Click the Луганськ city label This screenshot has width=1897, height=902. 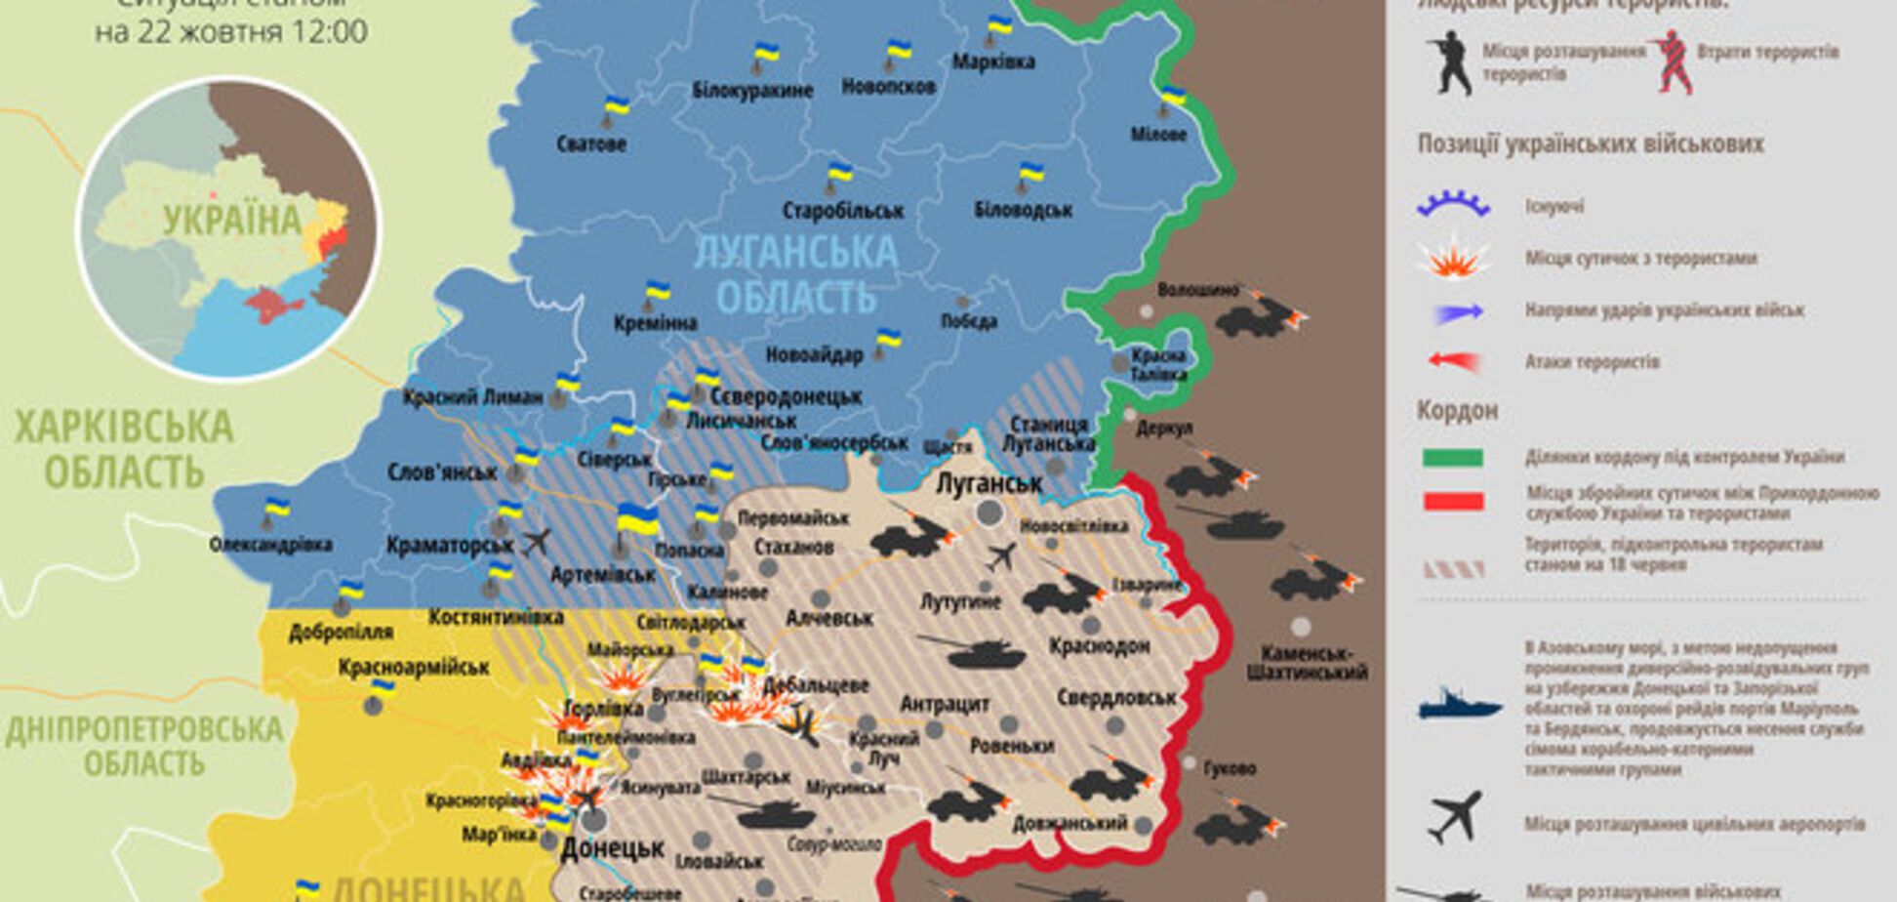point(989,483)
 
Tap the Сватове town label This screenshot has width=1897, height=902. point(591,143)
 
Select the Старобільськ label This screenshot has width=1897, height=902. point(843,210)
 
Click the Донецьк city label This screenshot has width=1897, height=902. point(612,847)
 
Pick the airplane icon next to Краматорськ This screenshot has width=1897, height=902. point(536,541)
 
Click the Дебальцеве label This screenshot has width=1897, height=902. point(816,685)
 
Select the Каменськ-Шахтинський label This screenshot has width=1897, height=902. point(1306,662)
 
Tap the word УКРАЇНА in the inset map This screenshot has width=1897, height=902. point(231,221)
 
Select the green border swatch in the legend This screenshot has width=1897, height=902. point(1452,457)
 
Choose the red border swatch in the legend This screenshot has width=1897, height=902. point(1452,502)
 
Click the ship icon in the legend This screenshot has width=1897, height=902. point(1459,705)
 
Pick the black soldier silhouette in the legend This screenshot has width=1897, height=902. point(1450,62)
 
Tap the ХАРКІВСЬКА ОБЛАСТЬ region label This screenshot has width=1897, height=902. point(124,449)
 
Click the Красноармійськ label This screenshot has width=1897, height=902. point(414,668)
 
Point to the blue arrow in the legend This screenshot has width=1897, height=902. point(1458,312)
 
